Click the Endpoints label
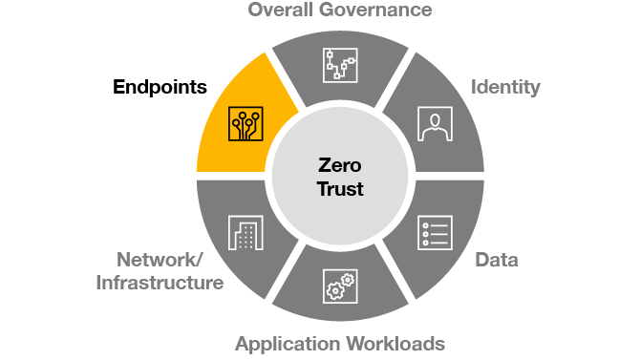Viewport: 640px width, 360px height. pos(160,88)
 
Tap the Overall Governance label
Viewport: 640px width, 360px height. pos(340,11)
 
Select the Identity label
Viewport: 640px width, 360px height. pos(505,88)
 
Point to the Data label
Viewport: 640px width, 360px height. pos(496,260)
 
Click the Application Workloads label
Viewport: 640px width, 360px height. pos(340,343)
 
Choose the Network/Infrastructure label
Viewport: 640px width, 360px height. pos(160,270)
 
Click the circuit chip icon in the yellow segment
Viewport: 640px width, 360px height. pos(245,124)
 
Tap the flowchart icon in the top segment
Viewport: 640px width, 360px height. pos(340,64)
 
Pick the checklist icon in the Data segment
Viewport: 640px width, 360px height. pos(435,232)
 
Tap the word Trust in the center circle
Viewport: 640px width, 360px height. pos(340,189)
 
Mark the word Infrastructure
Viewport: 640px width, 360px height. pos(160,283)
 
